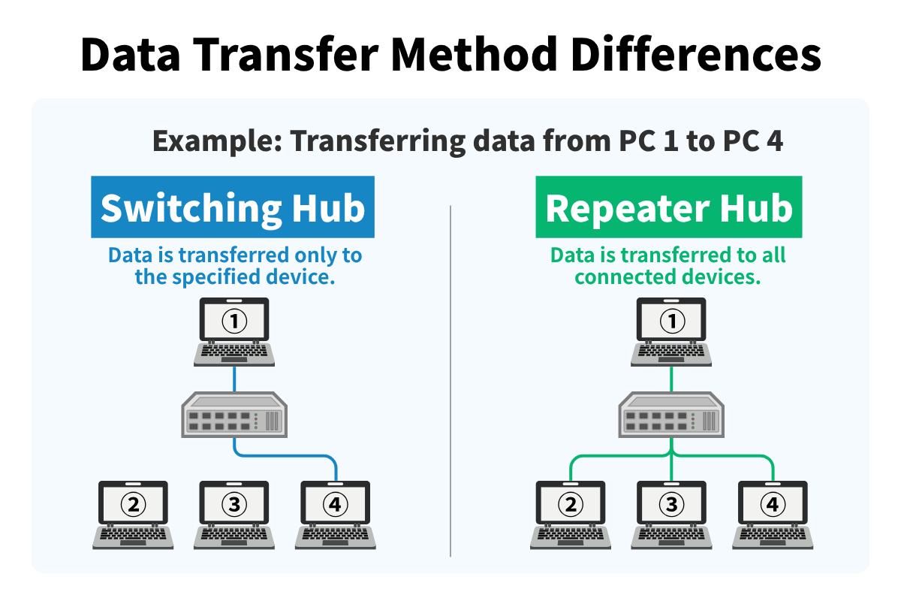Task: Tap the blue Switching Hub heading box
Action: pos(233,207)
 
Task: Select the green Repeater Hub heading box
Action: pos(668,207)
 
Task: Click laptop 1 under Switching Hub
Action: pos(234,331)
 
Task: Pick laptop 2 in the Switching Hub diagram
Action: pos(134,514)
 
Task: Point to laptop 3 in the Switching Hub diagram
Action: pos(234,514)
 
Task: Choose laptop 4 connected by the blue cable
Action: pos(335,514)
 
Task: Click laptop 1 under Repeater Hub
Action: pos(671,331)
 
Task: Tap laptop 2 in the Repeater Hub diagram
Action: pos(571,514)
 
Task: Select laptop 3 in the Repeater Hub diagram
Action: pos(671,514)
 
